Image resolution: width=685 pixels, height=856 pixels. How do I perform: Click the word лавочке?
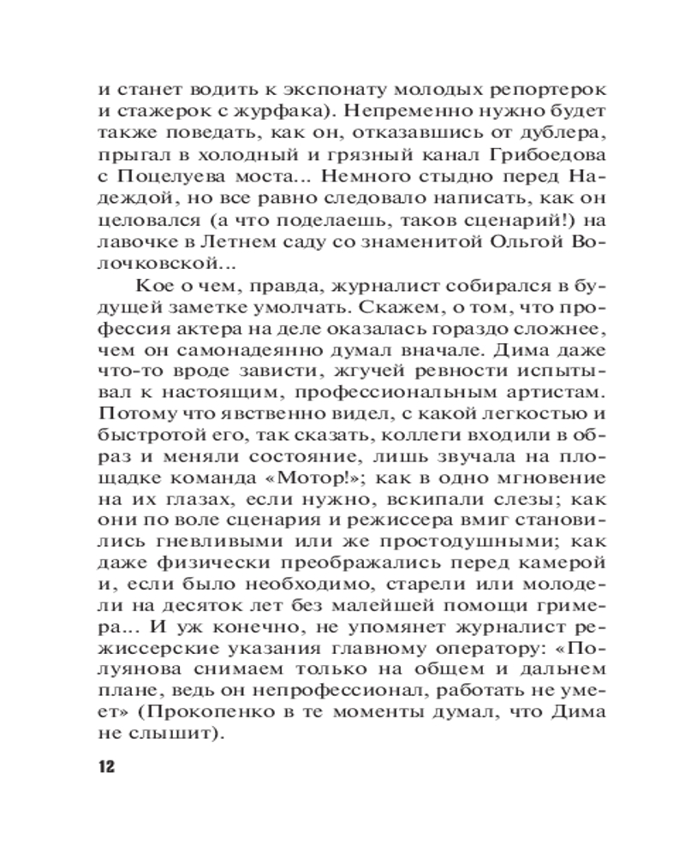click(140, 243)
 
